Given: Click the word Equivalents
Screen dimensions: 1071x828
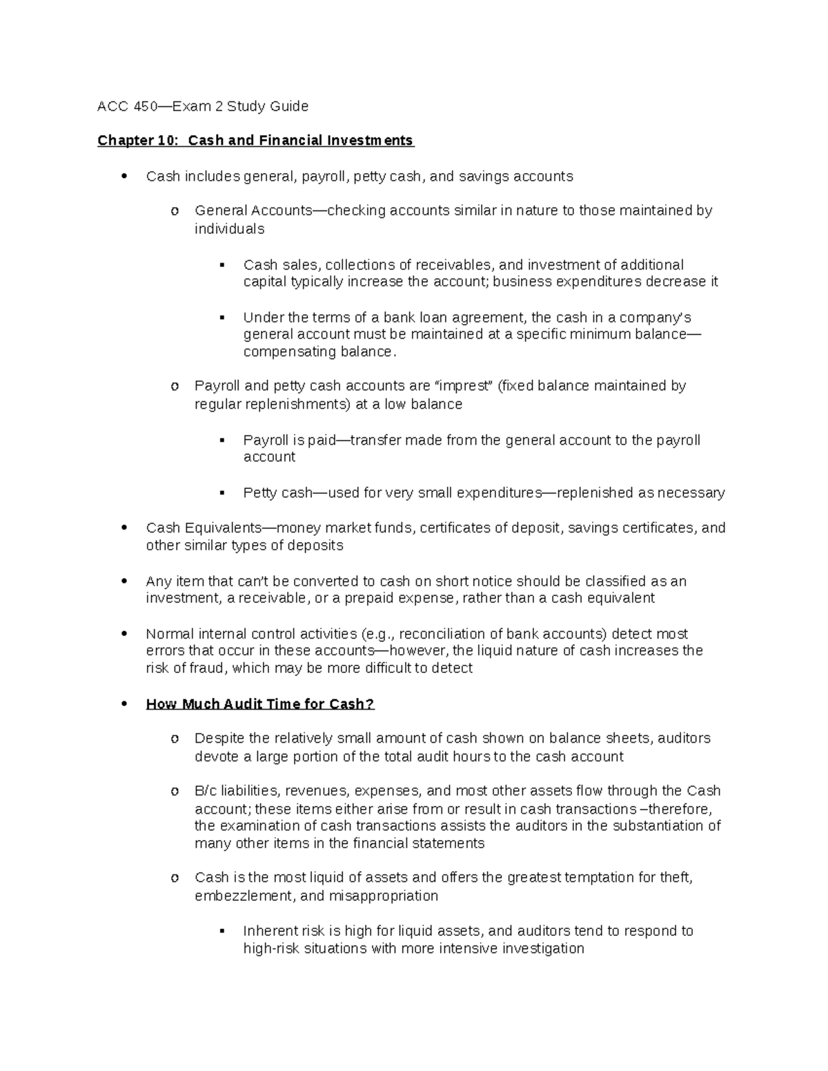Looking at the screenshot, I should (x=220, y=528).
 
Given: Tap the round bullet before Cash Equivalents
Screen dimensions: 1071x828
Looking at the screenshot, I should (x=124, y=528).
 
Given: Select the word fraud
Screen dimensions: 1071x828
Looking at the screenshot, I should (x=211, y=668).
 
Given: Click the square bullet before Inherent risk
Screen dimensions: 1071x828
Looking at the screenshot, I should (x=221, y=931).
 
